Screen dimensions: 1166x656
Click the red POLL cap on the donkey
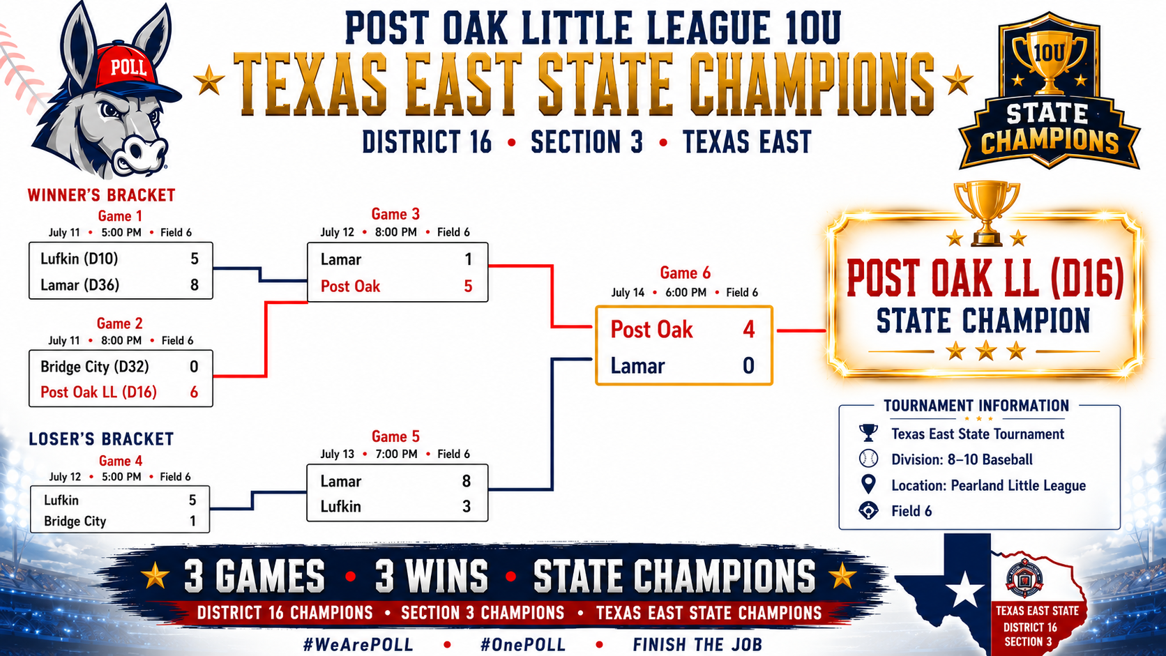click(130, 70)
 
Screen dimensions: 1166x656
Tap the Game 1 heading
click(120, 216)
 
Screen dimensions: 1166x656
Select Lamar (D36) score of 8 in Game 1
click(194, 284)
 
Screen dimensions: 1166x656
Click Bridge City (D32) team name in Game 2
click(95, 367)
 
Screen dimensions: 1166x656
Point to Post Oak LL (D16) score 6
click(194, 392)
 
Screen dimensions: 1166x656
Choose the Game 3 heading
click(395, 214)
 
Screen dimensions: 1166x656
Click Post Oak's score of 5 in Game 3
click(468, 286)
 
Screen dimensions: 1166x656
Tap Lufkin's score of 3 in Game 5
click(467, 506)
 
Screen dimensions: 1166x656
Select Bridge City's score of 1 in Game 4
click(193, 521)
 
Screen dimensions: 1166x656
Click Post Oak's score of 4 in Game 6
click(748, 329)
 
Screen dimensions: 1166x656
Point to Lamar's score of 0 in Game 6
click(748, 366)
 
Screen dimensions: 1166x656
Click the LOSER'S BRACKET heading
click(101, 439)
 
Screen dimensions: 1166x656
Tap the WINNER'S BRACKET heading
click(102, 195)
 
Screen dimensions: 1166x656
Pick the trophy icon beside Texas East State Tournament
click(868, 434)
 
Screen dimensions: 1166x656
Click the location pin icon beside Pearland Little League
click(868, 485)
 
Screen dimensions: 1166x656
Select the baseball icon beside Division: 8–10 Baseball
click(868, 458)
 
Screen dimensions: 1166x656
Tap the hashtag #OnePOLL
click(522, 645)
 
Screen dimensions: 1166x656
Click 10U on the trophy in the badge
click(1050, 52)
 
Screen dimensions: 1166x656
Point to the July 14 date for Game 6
click(627, 292)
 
